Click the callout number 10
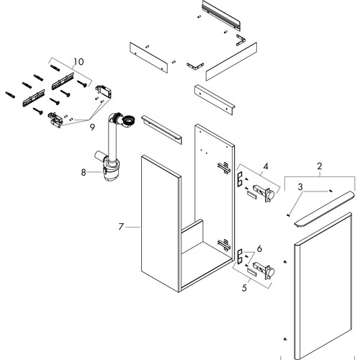(78, 62)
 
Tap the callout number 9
(92, 127)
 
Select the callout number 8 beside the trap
(84, 172)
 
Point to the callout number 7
(121, 227)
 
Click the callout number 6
(259, 249)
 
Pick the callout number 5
(244, 288)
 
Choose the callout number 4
(266, 166)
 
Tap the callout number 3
(300, 186)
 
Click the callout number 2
(319, 166)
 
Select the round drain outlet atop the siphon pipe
(128, 120)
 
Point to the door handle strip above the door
(324, 209)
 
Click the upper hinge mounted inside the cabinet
(224, 168)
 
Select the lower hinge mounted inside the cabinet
(224, 244)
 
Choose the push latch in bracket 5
(264, 271)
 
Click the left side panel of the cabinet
(161, 223)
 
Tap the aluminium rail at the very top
(221, 15)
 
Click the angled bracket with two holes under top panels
(215, 99)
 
